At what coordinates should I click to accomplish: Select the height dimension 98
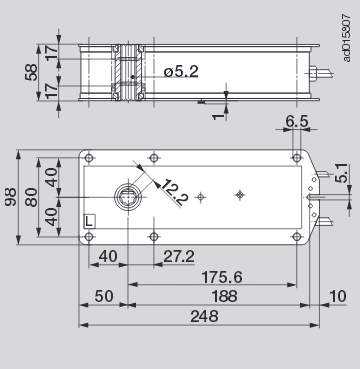coord(11,196)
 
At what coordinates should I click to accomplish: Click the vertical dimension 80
coord(30,196)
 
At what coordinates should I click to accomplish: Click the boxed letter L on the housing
coord(90,219)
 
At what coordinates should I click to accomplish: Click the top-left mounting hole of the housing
coord(90,158)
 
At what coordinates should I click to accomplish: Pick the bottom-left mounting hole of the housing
coord(90,236)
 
